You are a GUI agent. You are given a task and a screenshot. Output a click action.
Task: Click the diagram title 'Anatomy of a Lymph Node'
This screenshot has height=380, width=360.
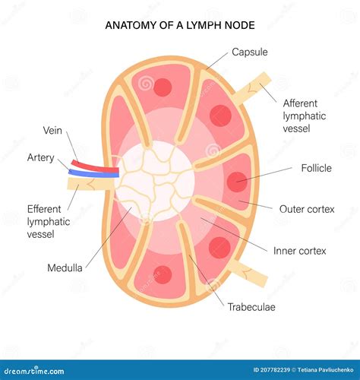tap(180, 25)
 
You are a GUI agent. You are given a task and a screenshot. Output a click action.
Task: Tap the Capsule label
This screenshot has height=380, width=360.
tap(250, 52)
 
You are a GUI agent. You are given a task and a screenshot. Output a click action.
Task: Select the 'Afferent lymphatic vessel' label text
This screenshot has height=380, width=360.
tap(305, 116)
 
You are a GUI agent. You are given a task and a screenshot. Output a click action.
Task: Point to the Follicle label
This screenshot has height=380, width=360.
tap(317, 168)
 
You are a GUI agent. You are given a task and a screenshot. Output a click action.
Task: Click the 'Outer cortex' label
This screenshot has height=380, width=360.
tap(307, 209)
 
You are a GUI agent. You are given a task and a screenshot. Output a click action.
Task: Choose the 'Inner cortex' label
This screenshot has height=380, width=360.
tap(300, 251)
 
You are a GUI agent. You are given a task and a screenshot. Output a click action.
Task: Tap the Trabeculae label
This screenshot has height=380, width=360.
tap(251, 307)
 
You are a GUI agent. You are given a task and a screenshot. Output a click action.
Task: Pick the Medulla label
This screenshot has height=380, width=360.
tap(65, 268)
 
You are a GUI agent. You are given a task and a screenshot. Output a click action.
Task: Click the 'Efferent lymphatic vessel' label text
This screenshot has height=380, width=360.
tap(49, 222)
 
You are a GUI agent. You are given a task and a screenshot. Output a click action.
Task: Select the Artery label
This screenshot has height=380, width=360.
tap(41, 157)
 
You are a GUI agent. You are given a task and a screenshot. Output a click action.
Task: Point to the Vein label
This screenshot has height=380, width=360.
tap(52, 131)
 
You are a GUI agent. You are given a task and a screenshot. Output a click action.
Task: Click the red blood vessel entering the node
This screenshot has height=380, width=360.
tap(95, 166)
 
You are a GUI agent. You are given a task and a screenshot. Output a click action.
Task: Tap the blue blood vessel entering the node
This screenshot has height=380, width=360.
tap(93, 173)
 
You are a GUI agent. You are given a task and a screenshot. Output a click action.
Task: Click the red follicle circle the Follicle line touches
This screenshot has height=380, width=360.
tap(237, 182)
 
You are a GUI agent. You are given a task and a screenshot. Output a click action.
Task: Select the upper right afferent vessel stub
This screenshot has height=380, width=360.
tap(251, 87)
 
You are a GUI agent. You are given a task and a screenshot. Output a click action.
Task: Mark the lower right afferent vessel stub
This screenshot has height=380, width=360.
tap(249, 273)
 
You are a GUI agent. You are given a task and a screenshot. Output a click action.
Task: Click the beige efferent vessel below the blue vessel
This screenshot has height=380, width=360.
tap(90, 184)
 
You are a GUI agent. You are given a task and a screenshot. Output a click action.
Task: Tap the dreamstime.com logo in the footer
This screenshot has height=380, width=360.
tap(34, 371)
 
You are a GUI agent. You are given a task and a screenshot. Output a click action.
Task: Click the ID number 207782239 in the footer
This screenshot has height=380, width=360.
tap(271, 370)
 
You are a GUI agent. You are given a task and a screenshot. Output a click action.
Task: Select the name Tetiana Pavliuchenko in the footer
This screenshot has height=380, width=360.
tap(326, 370)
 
